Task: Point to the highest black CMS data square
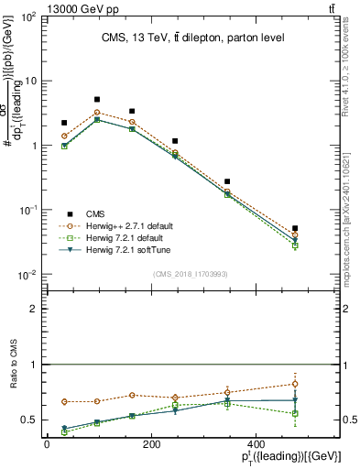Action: coord(97,99)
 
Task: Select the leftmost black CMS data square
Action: coord(64,123)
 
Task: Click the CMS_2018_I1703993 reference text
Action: coord(191,274)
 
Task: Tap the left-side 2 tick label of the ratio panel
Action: coord(34,309)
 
